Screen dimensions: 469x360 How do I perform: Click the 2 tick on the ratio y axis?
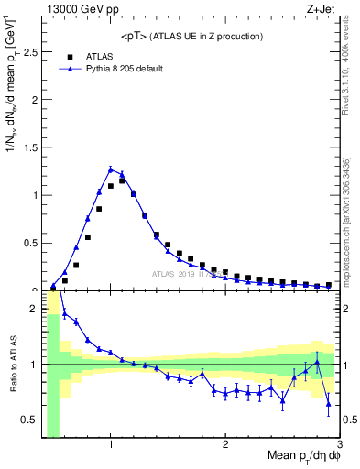click(35, 309)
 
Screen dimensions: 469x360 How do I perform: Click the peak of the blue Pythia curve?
click(111, 169)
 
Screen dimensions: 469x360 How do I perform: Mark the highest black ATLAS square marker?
click(122, 180)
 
